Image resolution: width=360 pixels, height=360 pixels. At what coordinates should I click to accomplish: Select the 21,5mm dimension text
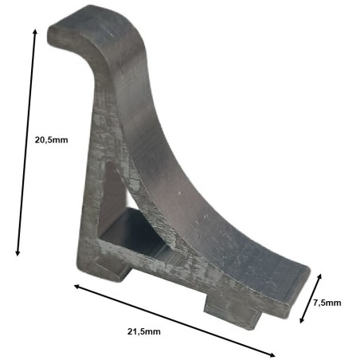[x=143, y=331]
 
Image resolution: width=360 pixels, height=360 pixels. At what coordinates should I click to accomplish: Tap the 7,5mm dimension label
[x=327, y=303]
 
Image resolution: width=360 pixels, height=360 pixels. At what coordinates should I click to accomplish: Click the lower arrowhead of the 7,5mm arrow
[x=302, y=322]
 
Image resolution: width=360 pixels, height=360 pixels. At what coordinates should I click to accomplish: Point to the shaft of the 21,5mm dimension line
[x=175, y=320]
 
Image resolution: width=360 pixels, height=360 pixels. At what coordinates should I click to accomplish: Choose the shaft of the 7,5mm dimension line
[x=311, y=299]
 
